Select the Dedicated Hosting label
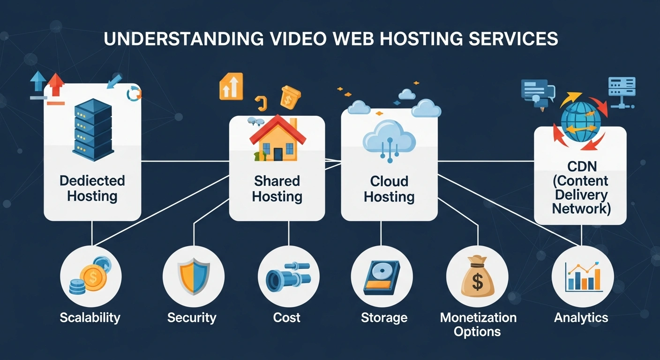92,187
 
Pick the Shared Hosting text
277,188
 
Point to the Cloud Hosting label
389,188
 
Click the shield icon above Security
193,277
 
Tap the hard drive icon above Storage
382,277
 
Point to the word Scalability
90,317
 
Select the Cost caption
286,317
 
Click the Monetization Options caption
478,324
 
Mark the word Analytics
581,317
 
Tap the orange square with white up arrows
231,86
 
